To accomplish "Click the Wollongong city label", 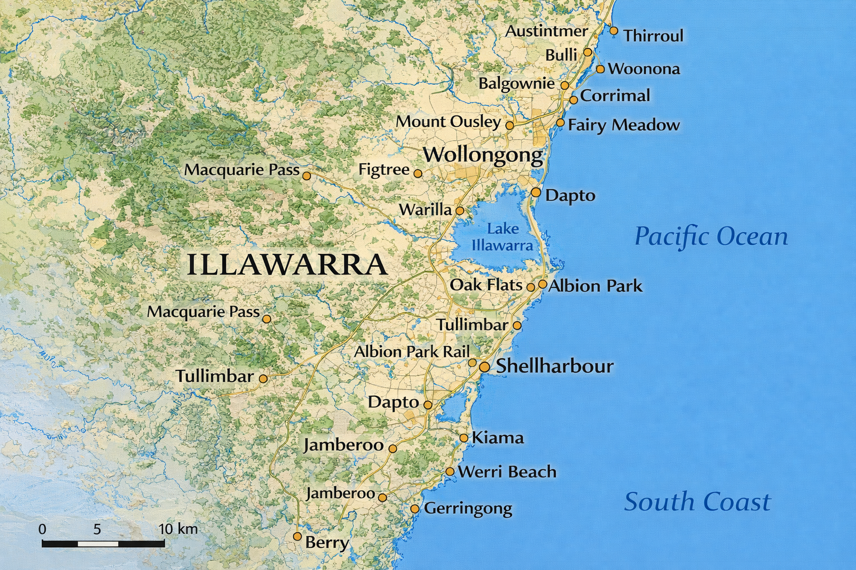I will click(483, 155).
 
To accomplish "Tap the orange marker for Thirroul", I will click(614, 31).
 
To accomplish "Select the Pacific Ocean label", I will click(711, 237).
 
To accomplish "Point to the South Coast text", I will click(697, 502).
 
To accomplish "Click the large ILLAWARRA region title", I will click(286, 264).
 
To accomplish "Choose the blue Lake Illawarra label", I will click(503, 237).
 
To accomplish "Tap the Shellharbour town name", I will click(555, 366).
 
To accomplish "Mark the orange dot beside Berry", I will click(298, 537).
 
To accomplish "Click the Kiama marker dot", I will click(464, 438).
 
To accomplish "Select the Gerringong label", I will click(468, 508).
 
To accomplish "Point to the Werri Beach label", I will click(507, 472).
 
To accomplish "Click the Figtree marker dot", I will click(418, 174).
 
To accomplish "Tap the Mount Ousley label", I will click(448, 122).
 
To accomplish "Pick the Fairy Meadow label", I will click(624, 125).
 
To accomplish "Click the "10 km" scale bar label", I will click(178, 529).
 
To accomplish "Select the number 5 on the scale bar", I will click(97, 529).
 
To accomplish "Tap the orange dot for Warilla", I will click(460, 211).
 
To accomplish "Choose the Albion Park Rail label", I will click(411, 352).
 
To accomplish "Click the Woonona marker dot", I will click(600, 70).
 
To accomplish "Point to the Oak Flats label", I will click(485, 285).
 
